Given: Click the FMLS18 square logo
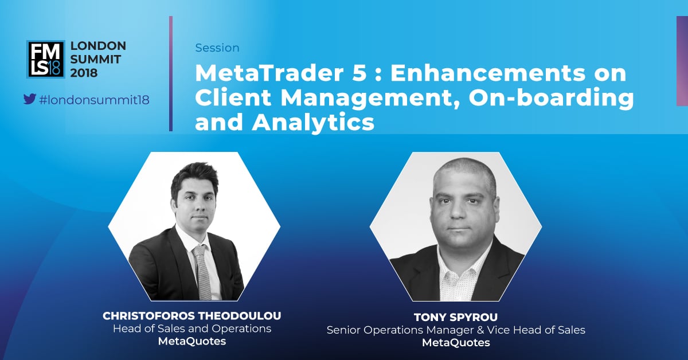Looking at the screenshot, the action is click(x=46, y=59).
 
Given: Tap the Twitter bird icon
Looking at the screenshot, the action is click(x=30, y=99).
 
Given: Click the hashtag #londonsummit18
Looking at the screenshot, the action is click(x=94, y=100).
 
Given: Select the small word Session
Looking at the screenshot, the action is click(x=217, y=48).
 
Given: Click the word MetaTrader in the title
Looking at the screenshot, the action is click(x=269, y=73).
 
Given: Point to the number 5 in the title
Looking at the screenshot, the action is click(x=359, y=73).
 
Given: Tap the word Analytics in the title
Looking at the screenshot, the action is click(x=313, y=123).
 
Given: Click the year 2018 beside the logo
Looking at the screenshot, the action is click(x=84, y=73).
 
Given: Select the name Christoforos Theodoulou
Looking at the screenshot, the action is click(x=192, y=316).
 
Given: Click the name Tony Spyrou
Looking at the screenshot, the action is click(x=456, y=318).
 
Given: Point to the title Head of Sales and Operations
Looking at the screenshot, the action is click(x=192, y=328).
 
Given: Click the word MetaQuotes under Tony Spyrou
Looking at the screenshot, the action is click(x=456, y=343).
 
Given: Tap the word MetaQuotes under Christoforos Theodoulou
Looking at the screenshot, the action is click(x=192, y=341).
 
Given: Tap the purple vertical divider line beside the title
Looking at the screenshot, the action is click(x=171, y=74).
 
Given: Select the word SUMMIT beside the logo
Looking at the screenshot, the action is click(x=96, y=59).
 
